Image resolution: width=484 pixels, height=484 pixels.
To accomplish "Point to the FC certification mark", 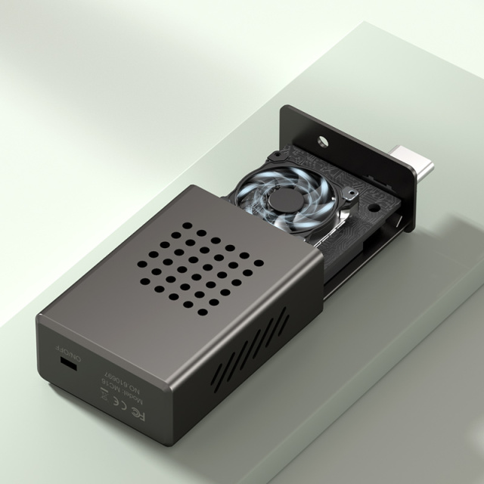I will point(140,414).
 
